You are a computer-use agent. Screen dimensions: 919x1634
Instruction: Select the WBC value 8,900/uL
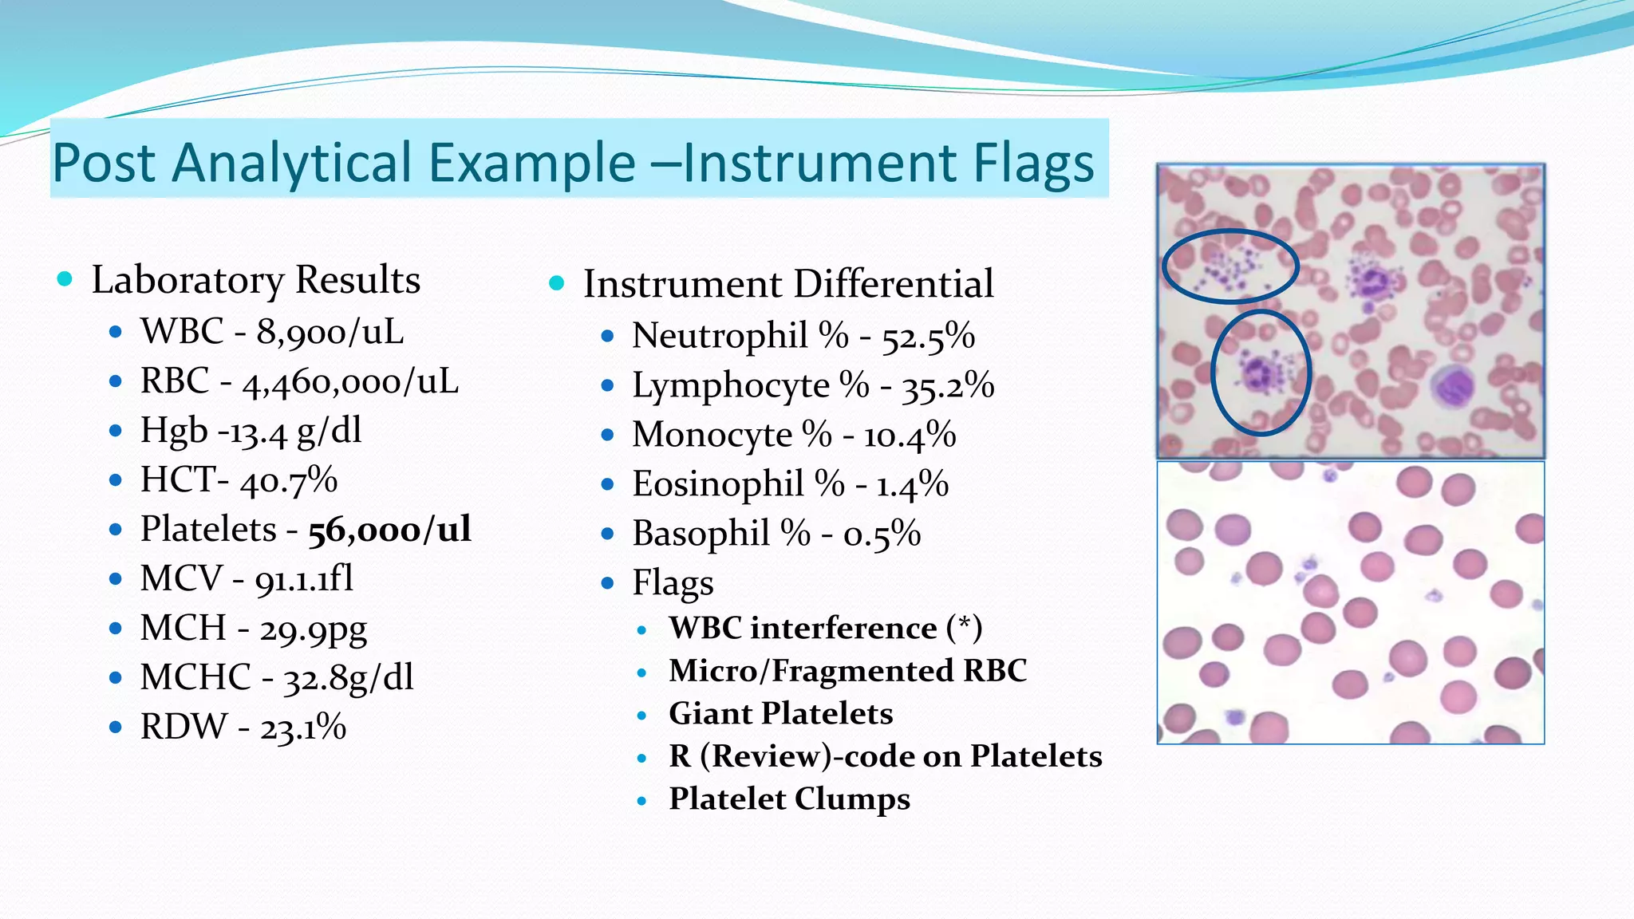(330, 332)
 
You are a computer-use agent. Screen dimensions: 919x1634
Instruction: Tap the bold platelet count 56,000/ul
(389, 530)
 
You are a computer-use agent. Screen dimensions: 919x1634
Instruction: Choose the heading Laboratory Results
(255, 280)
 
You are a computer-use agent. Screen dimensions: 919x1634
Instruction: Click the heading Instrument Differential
(788, 284)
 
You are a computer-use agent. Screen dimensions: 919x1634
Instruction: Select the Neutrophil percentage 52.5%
(928, 337)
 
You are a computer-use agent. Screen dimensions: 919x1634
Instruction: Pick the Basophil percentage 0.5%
(882, 534)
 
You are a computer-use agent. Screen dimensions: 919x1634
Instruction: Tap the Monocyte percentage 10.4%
(910, 436)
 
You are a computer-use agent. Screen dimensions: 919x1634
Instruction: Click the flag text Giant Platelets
(780, 713)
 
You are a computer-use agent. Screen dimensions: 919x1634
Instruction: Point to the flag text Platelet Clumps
(789, 799)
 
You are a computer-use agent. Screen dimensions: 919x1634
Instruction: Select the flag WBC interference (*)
(825, 628)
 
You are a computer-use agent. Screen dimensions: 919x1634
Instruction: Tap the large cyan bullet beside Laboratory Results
(65, 279)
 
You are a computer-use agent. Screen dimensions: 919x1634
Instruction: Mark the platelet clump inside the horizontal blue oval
(1229, 267)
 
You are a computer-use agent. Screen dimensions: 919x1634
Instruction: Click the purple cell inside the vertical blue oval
(1257, 373)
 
